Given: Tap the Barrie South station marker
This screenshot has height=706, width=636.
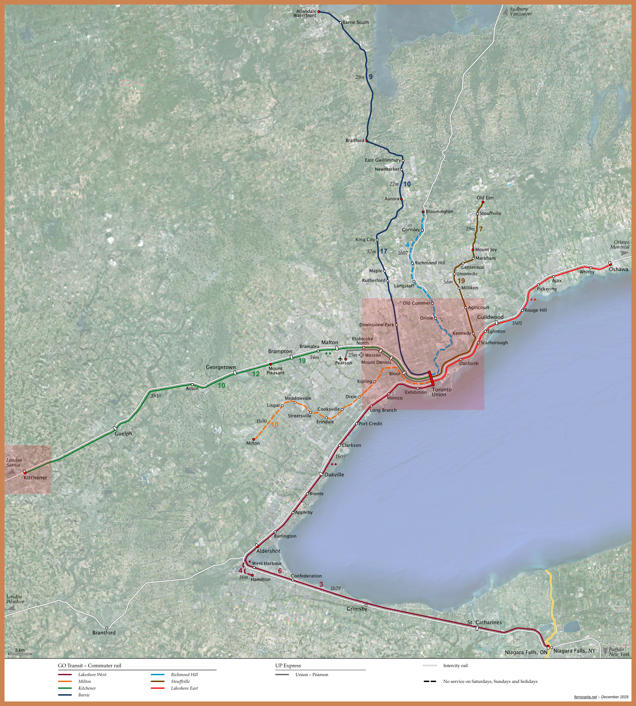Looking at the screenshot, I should click(340, 22).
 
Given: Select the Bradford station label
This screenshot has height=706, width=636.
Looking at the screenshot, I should click(354, 141).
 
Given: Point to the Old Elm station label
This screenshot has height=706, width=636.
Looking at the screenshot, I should click(485, 198).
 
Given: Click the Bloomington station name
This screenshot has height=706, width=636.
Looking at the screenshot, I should click(439, 211).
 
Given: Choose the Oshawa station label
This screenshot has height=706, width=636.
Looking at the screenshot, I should click(618, 269).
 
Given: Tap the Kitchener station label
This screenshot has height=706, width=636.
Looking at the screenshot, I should click(35, 477).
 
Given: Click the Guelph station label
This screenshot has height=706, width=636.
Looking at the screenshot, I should click(123, 434).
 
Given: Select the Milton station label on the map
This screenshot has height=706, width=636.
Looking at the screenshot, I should click(253, 443).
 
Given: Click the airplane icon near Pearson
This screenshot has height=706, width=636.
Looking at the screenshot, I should click(340, 359).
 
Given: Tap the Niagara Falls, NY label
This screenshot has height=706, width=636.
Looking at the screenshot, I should click(574, 651).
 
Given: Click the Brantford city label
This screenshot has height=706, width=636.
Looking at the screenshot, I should click(104, 633).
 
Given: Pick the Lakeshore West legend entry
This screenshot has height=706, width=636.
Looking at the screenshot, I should click(92, 675).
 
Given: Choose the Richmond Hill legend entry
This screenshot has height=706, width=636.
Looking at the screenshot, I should click(184, 675).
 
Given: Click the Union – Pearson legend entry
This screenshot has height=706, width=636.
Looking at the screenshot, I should click(311, 675).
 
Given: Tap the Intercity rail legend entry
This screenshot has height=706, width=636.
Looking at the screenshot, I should click(455, 666).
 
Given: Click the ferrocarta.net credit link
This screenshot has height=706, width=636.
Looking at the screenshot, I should click(585, 697).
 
